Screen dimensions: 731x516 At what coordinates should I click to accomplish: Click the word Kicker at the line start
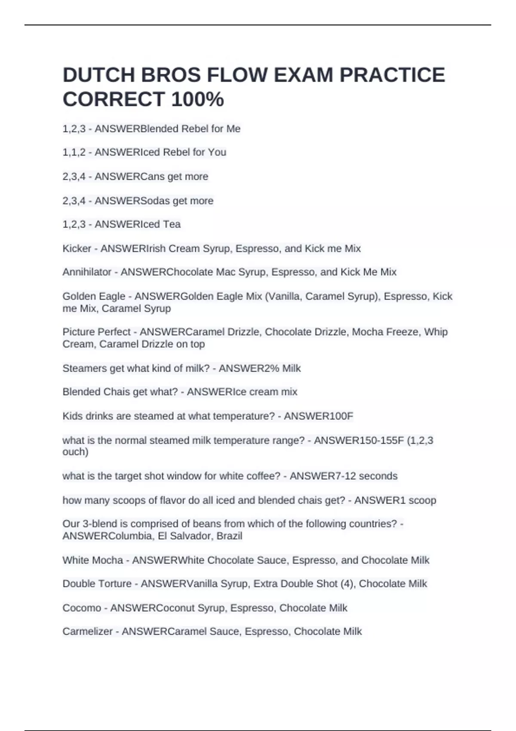(77, 249)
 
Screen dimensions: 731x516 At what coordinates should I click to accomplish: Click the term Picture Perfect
(96, 332)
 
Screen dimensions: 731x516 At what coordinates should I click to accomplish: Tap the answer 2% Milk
(282, 369)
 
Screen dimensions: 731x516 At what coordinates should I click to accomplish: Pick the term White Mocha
(93, 560)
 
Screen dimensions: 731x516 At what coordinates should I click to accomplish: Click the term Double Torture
(97, 584)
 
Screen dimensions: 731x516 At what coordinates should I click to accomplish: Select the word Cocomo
(82, 608)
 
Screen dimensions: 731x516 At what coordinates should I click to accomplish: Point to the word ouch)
(75, 452)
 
